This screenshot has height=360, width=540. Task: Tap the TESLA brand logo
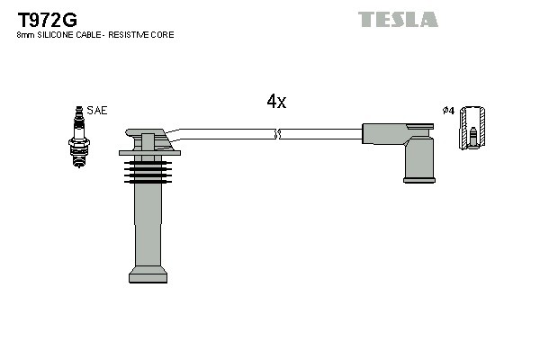click(398, 19)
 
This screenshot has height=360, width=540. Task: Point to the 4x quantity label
click(276, 102)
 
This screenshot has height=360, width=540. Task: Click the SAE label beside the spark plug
click(98, 111)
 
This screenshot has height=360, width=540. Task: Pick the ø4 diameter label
click(448, 111)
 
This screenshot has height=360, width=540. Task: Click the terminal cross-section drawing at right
click(472, 128)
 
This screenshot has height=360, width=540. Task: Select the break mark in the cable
click(278, 134)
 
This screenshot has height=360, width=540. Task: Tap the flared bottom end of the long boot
click(148, 274)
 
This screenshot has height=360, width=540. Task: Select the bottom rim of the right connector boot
click(419, 180)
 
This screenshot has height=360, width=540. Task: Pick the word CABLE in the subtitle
click(88, 35)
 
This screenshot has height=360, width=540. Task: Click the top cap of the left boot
click(146, 139)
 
